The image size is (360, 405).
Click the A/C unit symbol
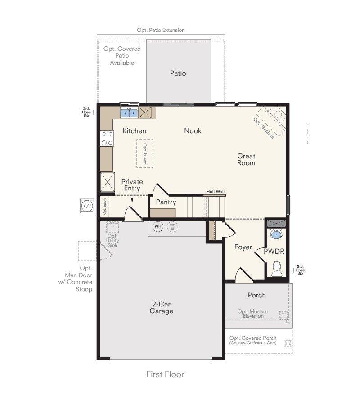coord(87,206)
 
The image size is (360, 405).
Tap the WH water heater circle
coord(158,226)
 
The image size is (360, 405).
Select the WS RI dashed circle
coord(172,227)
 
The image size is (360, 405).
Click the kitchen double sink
coord(129,113)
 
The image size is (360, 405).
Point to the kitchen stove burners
coord(107,139)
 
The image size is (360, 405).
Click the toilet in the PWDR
coord(276,269)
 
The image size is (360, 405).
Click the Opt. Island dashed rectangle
coord(144,154)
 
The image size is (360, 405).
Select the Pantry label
coord(166,202)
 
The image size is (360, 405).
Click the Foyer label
coord(243,247)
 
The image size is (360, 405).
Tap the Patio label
coord(178,73)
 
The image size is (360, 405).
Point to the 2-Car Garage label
coord(162,307)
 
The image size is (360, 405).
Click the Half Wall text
coord(216,191)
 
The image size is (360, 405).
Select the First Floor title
coord(165,374)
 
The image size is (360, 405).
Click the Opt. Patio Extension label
coord(161,30)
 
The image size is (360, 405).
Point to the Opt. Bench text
coord(104,207)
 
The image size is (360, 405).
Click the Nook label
coord(193,131)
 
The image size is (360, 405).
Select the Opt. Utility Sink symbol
coord(112,227)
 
